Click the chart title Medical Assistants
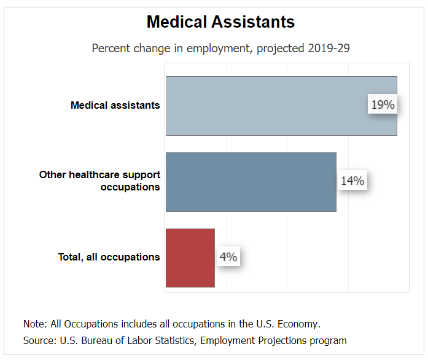click(x=220, y=22)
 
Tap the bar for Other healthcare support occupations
click(x=251, y=182)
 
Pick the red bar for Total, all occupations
click(x=190, y=257)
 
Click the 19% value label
click(x=382, y=105)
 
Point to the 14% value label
click(x=352, y=181)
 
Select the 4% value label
click(x=228, y=257)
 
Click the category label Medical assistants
click(x=115, y=105)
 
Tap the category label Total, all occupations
click(x=109, y=257)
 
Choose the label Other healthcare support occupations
click(x=100, y=181)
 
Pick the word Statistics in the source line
click(x=173, y=340)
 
